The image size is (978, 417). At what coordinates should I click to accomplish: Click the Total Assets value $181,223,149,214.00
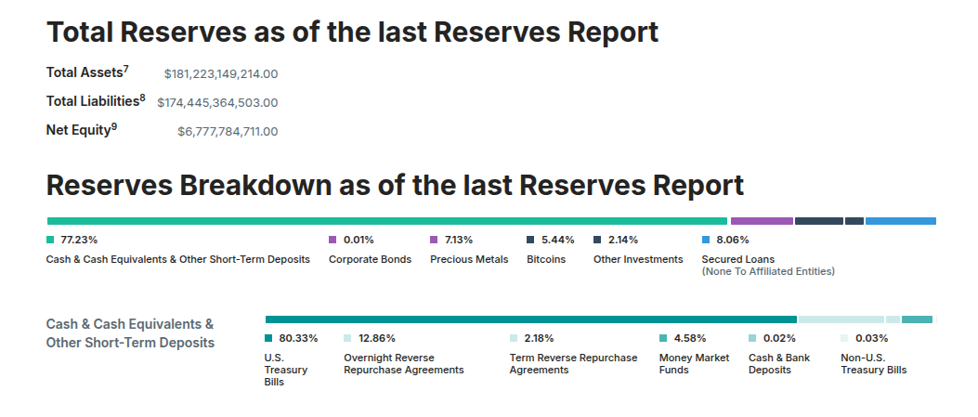coord(221,73)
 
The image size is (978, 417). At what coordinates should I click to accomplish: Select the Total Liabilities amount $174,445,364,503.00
coord(217,102)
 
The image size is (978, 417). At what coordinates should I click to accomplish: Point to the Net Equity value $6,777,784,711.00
coord(228,132)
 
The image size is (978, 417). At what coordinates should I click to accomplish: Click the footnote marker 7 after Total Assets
coord(125,68)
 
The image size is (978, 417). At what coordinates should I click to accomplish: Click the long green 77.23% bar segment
coord(386,221)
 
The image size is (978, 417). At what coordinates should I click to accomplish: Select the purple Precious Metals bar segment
coord(762,221)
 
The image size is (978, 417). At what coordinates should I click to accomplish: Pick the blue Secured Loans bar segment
coord(900,221)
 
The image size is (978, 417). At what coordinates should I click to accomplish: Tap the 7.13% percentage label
coord(459,240)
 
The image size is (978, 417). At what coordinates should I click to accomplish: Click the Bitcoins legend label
coord(546,259)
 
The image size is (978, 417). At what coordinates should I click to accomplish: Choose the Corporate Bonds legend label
coord(370,259)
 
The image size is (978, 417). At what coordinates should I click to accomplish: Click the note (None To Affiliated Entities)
coord(768,271)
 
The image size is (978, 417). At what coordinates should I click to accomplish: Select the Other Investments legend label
coord(638,259)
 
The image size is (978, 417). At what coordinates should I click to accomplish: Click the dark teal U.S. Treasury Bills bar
coord(530,319)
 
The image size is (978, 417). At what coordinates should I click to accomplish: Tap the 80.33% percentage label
coord(298,338)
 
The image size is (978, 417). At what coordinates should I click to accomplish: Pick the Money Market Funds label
coord(694,363)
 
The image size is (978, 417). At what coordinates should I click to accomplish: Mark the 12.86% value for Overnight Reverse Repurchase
coord(377,338)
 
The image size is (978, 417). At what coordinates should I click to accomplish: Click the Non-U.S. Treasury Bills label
coord(873,363)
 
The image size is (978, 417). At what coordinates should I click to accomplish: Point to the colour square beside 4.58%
coord(663,338)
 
